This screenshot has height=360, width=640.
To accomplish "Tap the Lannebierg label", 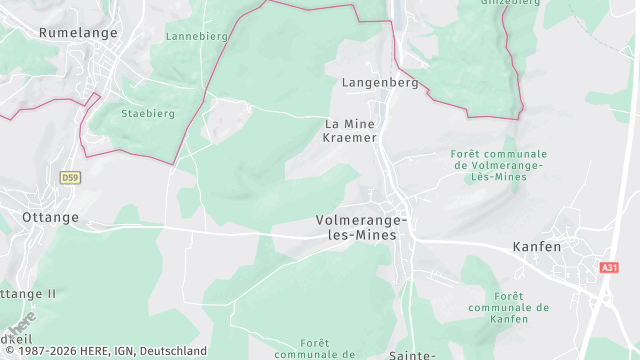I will coord(196,35).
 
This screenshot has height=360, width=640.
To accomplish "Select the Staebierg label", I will coord(147,114).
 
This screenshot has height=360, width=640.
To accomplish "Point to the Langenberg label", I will coord(379,83).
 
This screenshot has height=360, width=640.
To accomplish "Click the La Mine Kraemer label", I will coord(350,130).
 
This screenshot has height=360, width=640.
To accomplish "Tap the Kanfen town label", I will coord(536,246).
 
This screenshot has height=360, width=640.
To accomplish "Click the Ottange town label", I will coord(50,216).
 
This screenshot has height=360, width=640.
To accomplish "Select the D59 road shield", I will coord(69,178).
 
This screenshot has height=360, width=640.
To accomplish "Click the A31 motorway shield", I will coord(609,268).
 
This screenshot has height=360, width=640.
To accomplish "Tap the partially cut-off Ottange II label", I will coord(28,294).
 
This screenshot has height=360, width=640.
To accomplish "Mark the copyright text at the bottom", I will coord(104,351).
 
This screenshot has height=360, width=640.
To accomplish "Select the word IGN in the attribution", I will coord(130,351).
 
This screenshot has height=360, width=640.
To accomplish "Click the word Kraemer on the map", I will coord(350,138).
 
